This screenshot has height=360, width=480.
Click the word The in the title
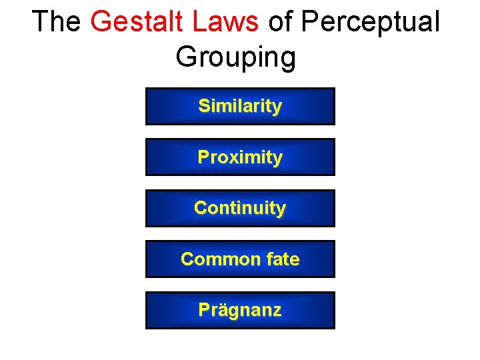[55, 22]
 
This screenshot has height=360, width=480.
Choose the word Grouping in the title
[235, 58]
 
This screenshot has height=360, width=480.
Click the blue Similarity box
[240, 106]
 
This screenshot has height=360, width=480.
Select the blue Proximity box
[240, 157]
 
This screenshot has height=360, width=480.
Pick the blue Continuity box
[240, 208]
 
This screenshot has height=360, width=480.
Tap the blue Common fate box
[240, 259]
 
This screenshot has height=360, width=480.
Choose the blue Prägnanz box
[240, 310]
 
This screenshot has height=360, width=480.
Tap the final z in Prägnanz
[277, 311]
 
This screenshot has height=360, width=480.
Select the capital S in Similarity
[203, 106]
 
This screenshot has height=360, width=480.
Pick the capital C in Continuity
[200, 208]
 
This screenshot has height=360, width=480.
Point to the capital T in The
[39, 22]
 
